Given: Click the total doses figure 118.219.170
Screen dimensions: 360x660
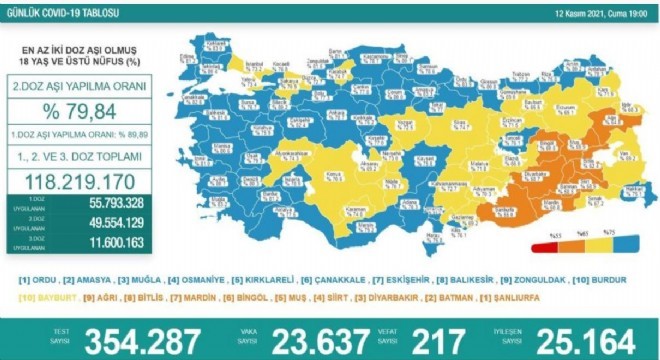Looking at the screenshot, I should coord(80,181).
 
